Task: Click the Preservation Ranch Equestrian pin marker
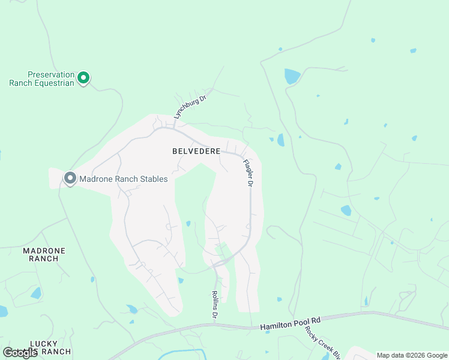tap(85, 77)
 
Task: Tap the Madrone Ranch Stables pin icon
tap(70, 178)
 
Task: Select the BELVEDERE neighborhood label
tap(196, 152)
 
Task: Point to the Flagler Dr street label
tap(247, 173)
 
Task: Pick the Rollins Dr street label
tap(214, 304)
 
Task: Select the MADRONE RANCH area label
tap(44, 254)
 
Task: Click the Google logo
tap(20, 352)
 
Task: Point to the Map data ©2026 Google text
tap(412, 355)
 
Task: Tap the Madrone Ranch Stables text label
tap(124, 179)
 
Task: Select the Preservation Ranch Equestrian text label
tap(42, 79)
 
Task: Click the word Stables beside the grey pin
tap(153, 179)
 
